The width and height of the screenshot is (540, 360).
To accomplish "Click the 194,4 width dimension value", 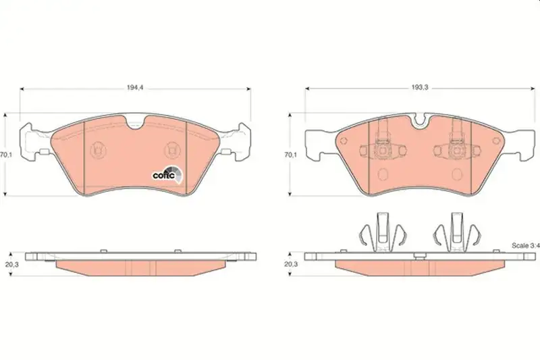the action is coord(135,88).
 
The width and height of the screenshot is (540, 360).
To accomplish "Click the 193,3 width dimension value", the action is coord(420,88).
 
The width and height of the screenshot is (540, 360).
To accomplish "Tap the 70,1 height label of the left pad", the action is coord(6,155).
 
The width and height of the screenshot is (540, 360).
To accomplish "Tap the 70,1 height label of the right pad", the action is coord(290,155).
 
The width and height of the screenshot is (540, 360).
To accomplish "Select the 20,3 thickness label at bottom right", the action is coord(290,264).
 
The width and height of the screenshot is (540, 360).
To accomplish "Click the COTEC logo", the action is coord(168,174).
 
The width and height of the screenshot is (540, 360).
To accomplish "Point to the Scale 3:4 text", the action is coord(526,246).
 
